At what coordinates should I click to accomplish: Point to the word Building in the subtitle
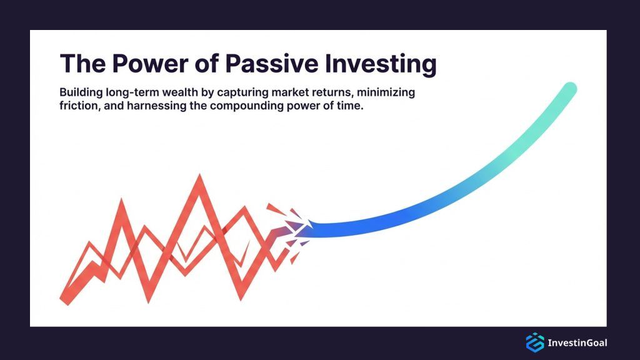tap(79, 92)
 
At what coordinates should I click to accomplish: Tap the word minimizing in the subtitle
tap(388, 92)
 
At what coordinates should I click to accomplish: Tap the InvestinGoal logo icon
tap(535, 342)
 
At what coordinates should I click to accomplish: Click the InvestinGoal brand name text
tap(577, 342)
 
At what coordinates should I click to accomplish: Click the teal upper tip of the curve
tap(569, 89)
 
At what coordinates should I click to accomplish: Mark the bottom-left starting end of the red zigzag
tap(64, 299)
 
